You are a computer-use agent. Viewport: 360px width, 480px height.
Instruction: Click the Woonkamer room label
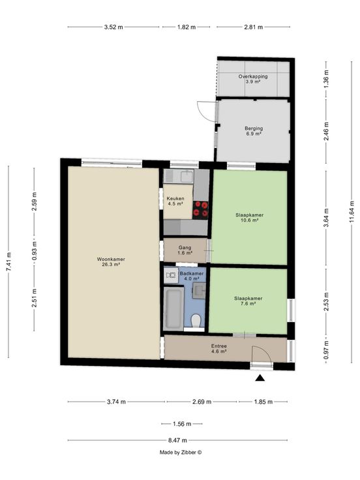(x=111, y=262)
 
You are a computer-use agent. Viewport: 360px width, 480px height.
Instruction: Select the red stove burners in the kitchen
(x=200, y=209)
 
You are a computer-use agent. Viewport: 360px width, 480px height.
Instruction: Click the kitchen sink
(x=187, y=176)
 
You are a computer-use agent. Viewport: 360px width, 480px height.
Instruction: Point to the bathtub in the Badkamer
(x=173, y=308)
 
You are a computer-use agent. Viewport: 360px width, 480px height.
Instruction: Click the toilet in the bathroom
(x=196, y=321)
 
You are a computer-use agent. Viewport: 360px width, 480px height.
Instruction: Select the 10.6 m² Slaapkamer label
(x=250, y=217)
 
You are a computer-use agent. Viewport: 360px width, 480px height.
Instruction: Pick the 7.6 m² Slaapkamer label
(x=248, y=301)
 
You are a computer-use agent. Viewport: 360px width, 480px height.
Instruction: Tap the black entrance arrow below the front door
(x=260, y=378)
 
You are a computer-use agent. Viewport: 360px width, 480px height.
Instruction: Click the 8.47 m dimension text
(x=177, y=440)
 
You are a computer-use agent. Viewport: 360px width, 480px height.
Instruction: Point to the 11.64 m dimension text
(x=351, y=211)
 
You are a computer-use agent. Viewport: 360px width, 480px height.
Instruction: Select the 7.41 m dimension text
(x=8, y=261)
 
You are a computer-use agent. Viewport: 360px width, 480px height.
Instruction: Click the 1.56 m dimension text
(x=182, y=424)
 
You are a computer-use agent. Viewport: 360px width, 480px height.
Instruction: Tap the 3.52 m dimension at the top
(x=113, y=27)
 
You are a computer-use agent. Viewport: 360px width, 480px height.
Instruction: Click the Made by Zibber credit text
(x=181, y=452)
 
